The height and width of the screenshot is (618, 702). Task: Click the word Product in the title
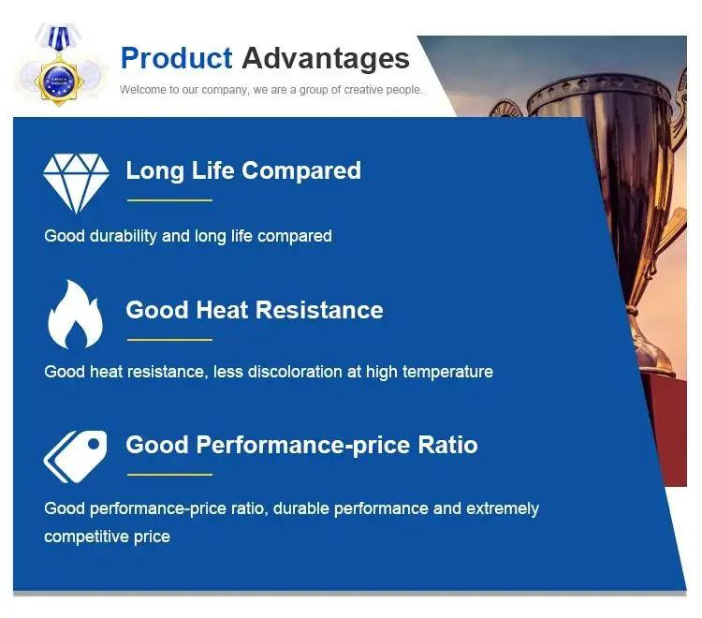pyautogui.click(x=176, y=58)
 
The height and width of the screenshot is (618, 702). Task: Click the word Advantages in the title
pyautogui.click(x=326, y=58)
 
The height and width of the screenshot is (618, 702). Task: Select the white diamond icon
pyautogui.click(x=76, y=184)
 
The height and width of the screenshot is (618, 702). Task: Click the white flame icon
pyautogui.click(x=75, y=315)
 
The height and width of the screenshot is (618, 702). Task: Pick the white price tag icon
pyautogui.click(x=75, y=457)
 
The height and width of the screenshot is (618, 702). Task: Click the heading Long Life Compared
pyautogui.click(x=243, y=170)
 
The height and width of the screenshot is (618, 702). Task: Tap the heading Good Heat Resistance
pyautogui.click(x=255, y=310)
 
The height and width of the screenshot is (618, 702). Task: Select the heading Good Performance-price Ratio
pyautogui.click(x=301, y=445)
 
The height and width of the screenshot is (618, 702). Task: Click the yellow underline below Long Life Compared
pyautogui.click(x=169, y=200)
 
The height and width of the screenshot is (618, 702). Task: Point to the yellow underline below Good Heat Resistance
pyautogui.click(x=169, y=340)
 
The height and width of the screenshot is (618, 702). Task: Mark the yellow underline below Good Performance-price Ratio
pyautogui.click(x=169, y=474)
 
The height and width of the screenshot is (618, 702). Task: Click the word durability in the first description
pyautogui.click(x=124, y=236)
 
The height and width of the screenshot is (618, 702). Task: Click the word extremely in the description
pyautogui.click(x=503, y=509)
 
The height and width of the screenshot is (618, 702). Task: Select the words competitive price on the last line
pyautogui.click(x=107, y=537)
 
